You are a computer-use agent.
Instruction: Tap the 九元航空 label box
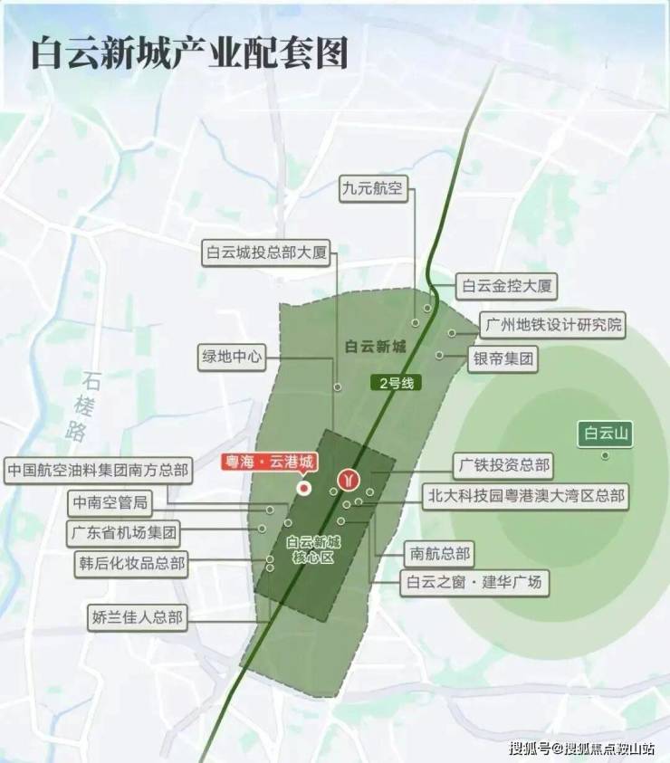pyautogui.click(x=375, y=189)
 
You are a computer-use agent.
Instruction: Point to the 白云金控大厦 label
pyautogui.click(x=505, y=287)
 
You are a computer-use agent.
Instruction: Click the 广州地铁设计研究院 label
pyautogui.click(x=554, y=324)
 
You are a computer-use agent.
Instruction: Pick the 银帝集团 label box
pyautogui.click(x=502, y=359)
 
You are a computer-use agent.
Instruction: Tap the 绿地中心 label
pyautogui.click(x=232, y=357)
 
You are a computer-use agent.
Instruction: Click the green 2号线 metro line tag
pyautogui.click(x=396, y=383)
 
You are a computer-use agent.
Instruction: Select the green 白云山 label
pyautogui.click(x=606, y=434)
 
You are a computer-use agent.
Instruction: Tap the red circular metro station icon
pyautogui.click(x=349, y=478)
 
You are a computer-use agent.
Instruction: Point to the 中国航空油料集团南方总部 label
pyautogui.click(x=98, y=471)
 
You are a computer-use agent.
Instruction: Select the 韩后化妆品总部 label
pyautogui.click(x=132, y=564)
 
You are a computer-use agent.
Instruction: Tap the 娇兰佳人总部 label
pyautogui.click(x=138, y=619)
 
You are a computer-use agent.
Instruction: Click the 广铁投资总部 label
pyautogui.click(x=503, y=466)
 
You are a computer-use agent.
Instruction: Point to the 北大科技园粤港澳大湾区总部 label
pyautogui.click(x=525, y=496)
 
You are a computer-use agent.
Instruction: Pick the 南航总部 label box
pyautogui.click(x=440, y=553)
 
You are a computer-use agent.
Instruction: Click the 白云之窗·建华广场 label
pyautogui.click(x=474, y=582)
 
